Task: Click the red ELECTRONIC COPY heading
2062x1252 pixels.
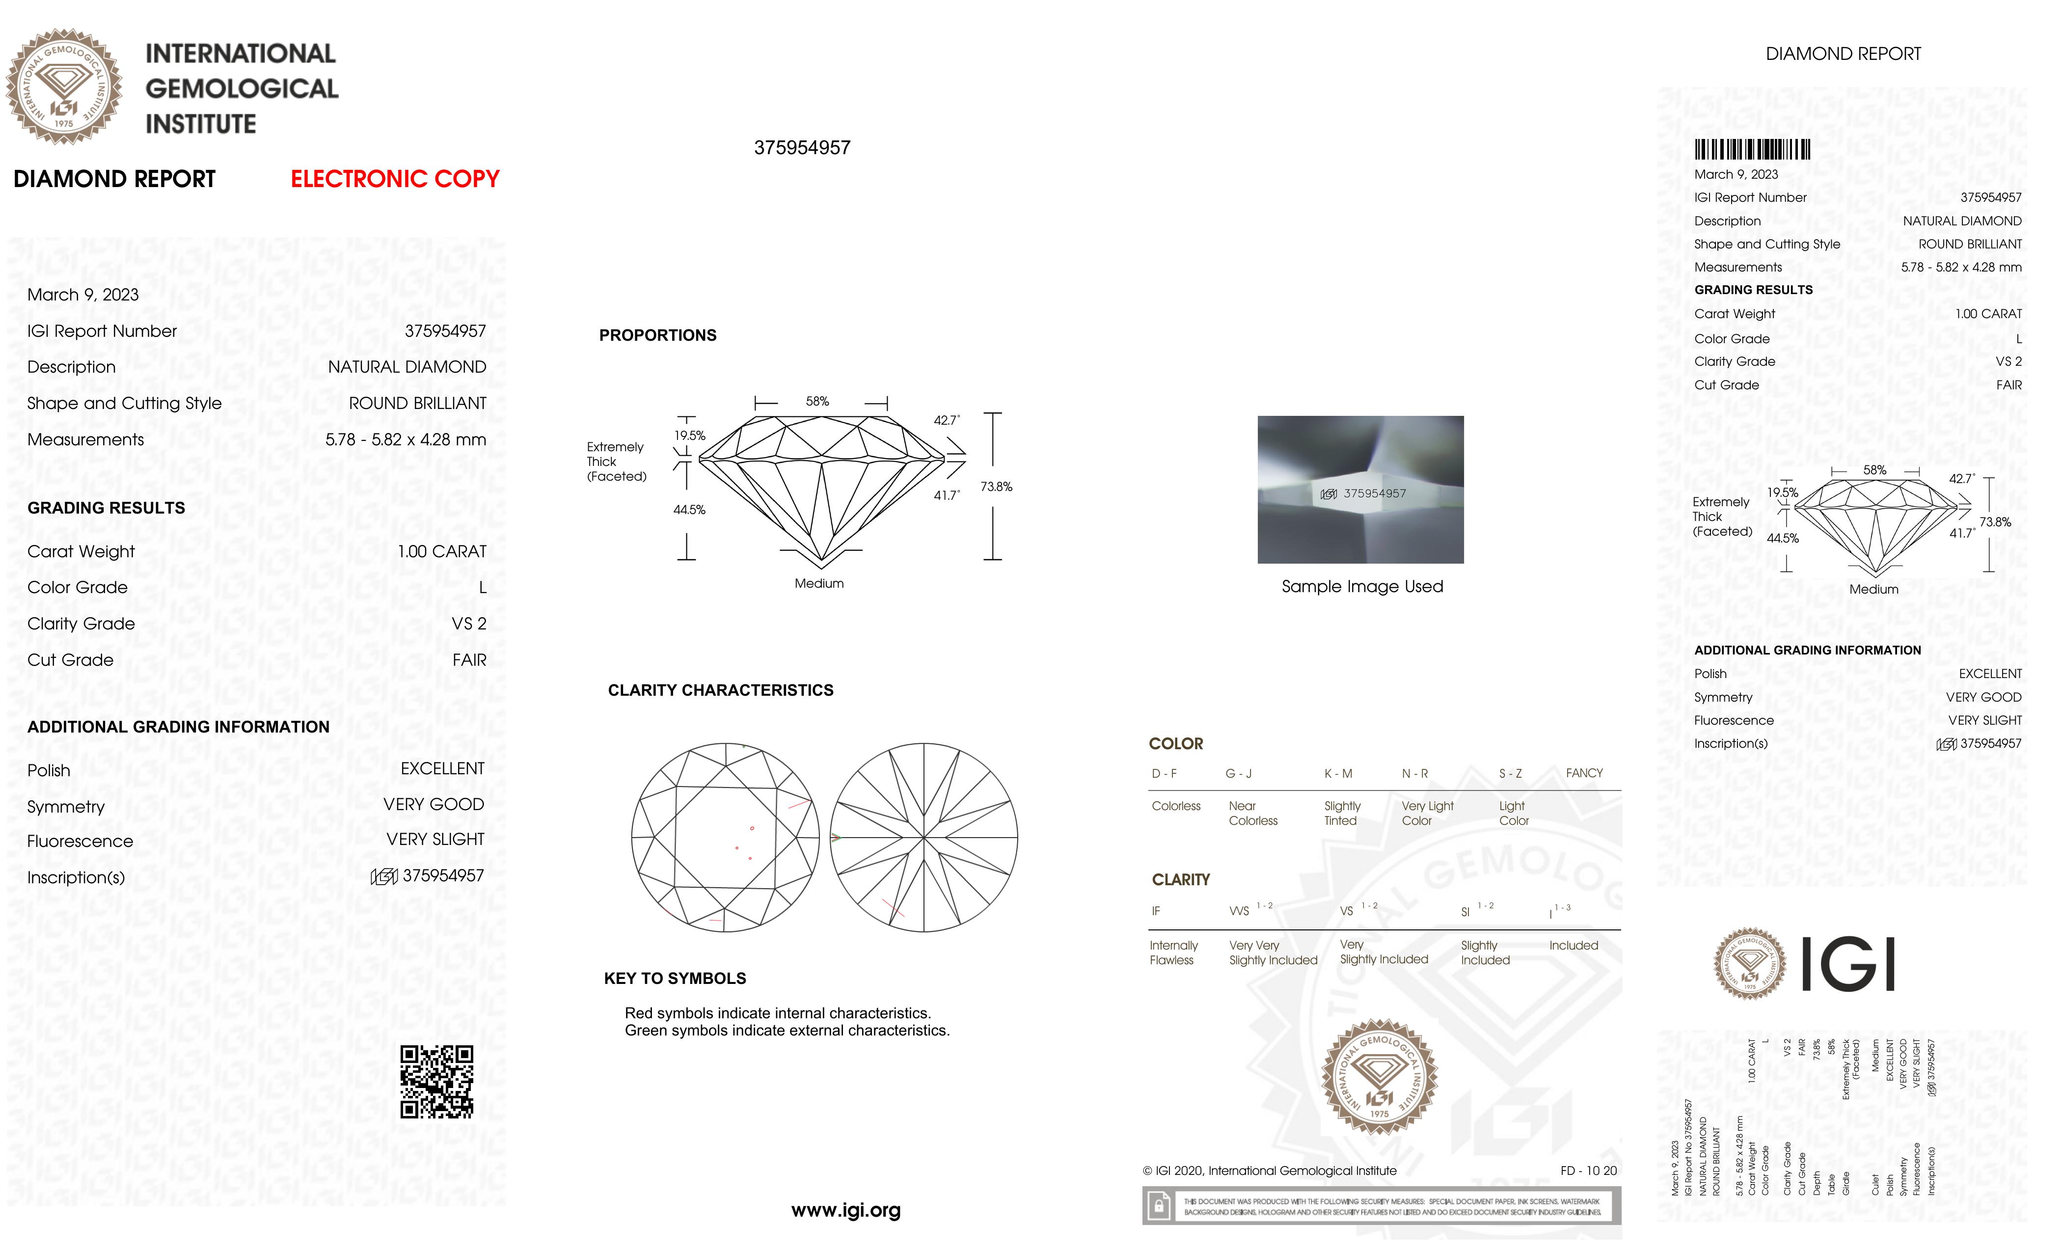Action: pos(395,179)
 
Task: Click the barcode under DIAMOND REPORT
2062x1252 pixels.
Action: pos(1752,150)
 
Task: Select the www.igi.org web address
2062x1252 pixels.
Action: pos(845,1210)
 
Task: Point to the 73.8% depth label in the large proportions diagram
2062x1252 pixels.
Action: pos(996,486)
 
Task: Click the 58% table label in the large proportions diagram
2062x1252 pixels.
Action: pos(817,402)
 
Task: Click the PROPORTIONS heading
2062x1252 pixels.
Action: pos(658,336)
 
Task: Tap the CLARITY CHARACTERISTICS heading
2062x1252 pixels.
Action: pos(721,690)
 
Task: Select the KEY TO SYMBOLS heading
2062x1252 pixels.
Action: pos(675,979)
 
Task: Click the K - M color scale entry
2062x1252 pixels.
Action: pos(1338,773)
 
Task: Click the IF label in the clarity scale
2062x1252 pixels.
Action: pos(1156,911)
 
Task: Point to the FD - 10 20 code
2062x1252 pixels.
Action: pos(1588,1171)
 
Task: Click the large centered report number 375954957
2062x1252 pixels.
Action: pos(802,148)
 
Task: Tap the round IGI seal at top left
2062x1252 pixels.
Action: pos(64,86)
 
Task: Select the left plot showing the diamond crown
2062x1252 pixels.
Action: pos(725,837)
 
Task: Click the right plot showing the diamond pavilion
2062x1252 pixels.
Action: pos(924,837)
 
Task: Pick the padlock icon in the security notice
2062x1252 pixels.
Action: pos(1159,1206)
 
